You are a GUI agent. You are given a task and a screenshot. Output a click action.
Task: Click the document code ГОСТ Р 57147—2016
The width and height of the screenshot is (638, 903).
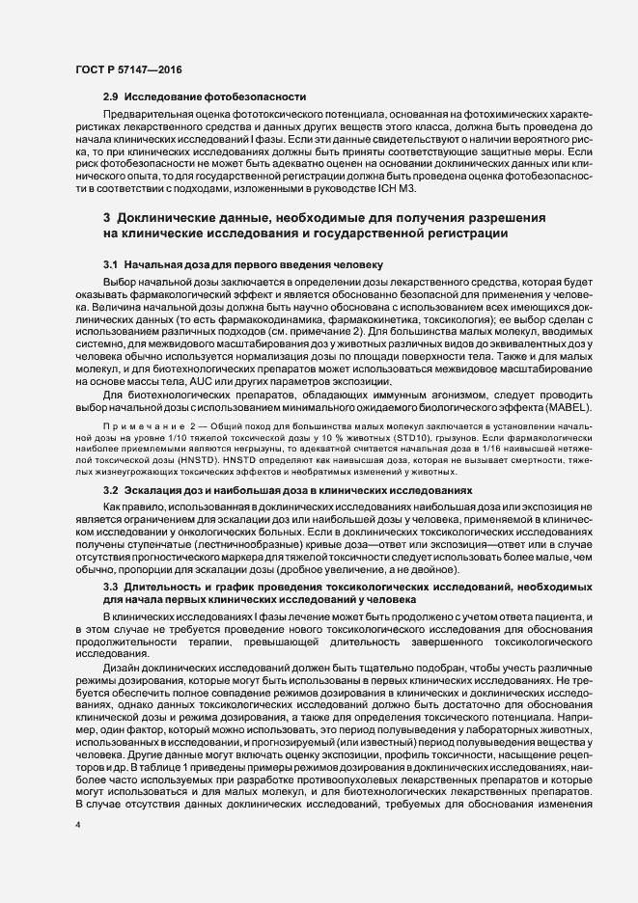(x=127, y=68)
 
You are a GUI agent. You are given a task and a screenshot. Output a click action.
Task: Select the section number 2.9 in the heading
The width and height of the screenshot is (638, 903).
(x=110, y=96)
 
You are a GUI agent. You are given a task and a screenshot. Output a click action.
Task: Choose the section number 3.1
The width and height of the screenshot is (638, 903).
(x=110, y=263)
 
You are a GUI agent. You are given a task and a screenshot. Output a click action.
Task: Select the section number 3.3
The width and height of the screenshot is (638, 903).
(x=110, y=586)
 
